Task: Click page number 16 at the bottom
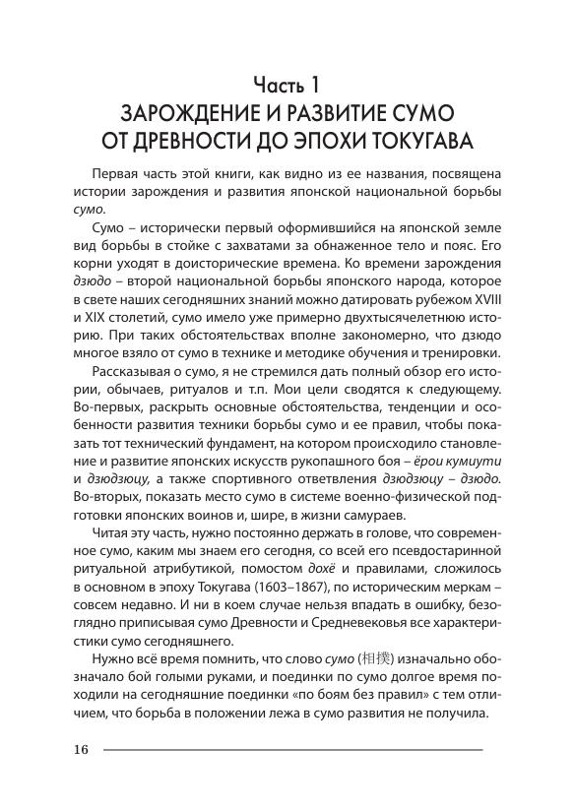[81, 751]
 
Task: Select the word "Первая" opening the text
[116, 170]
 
